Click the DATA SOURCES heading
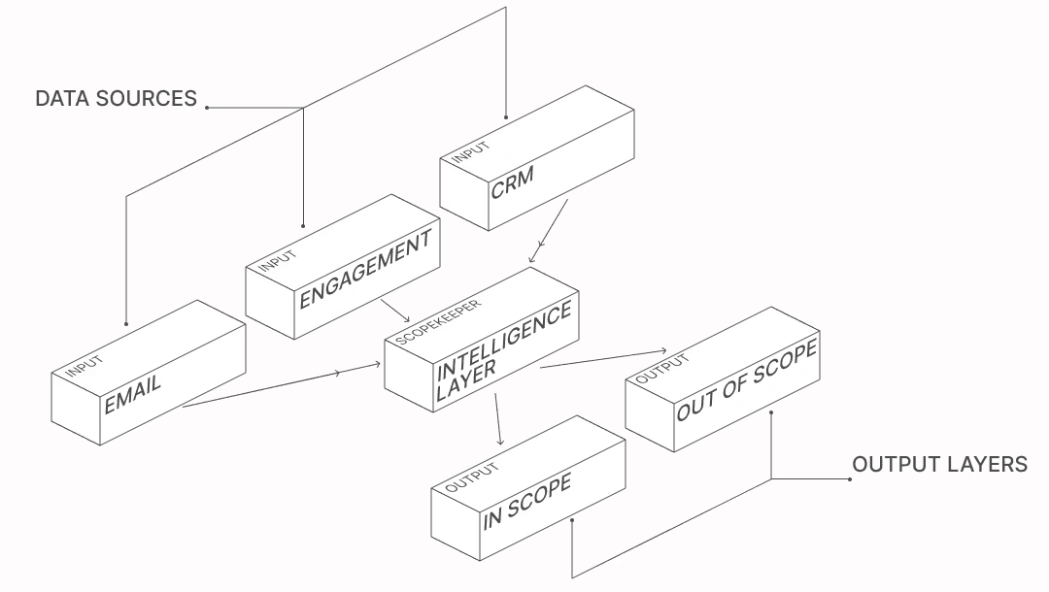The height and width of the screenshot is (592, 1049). (x=116, y=98)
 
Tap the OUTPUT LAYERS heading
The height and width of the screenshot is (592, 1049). (x=939, y=464)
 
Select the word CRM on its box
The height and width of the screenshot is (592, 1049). (x=513, y=181)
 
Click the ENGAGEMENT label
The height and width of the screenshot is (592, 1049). (x=364, y=270)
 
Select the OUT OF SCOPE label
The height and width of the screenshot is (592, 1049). (x=747, y=380)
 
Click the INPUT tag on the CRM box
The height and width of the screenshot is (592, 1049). (x=470, y=151)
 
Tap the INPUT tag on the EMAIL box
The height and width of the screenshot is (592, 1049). (x=85, y=366)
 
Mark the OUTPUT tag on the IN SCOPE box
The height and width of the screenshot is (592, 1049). (x=472, y=477)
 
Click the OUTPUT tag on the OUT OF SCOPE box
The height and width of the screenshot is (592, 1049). (x=661, y=369)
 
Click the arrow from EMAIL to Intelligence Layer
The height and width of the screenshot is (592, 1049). (x=282, y=384)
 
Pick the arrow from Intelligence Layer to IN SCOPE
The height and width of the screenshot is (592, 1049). (x=497, y=417)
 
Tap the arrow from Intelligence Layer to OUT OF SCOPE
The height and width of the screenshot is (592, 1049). (x=602, y=359)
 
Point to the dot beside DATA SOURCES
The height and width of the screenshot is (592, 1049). (x=207, y=107)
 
